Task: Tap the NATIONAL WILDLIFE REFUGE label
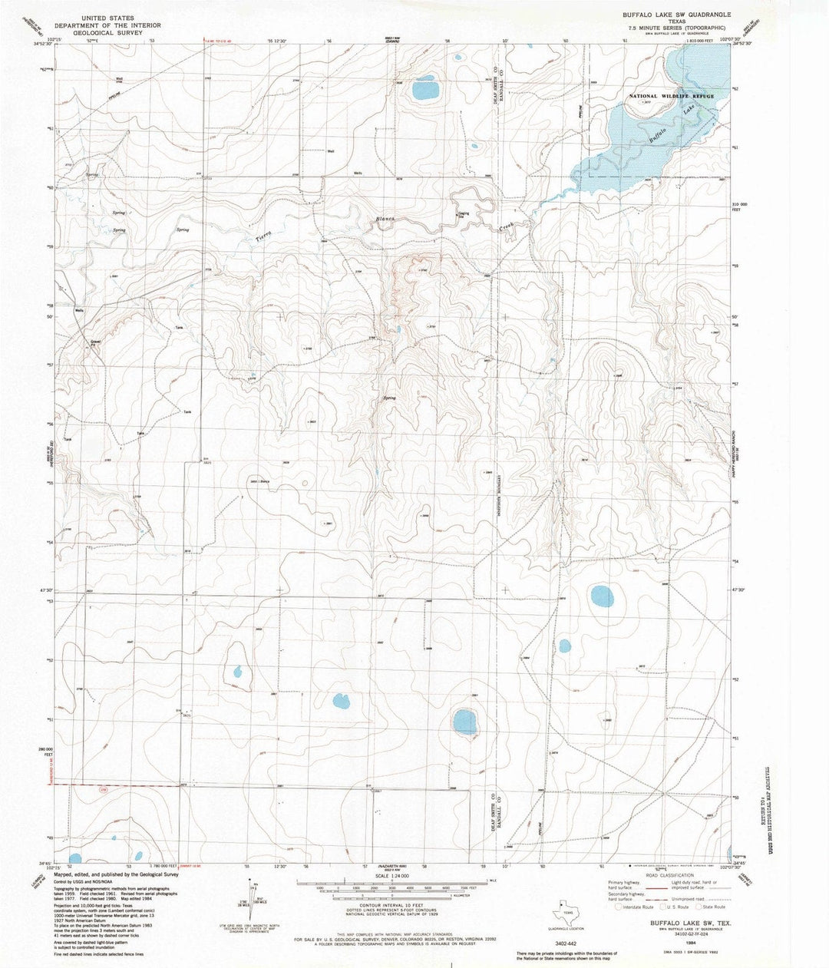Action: coord(671,96)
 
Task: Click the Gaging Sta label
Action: coord(464,215)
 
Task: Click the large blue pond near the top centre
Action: coord(425,90)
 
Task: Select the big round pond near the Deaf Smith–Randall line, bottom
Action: coord(464,721)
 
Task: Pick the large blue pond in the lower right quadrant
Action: coord(601,595)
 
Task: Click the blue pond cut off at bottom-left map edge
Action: coord(74,858)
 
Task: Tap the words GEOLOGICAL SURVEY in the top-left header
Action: coord(101,33)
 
